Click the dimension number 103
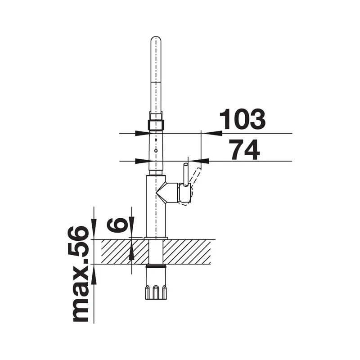pyautogui.click(x=242, y=119)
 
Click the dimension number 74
pyautogui.click(x=245, y=150)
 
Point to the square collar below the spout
pyautogui.click(x=156, y=125)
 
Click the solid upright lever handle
pyautogui.click(x=185, y=174)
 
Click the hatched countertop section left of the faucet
pyautogui.click(x=125, y=252)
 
